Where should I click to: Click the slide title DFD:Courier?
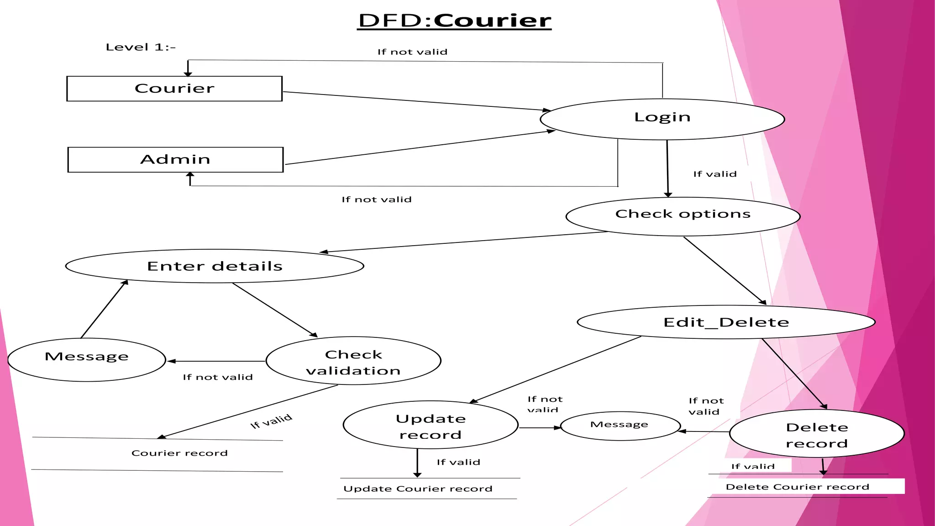454,21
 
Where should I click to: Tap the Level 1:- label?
140,47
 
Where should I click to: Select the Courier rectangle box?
174,89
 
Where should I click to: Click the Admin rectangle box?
175,159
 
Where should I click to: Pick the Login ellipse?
662,119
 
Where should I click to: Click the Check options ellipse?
683,216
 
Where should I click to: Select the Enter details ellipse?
215,266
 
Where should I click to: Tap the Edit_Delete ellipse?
726,322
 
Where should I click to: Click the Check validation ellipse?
353,361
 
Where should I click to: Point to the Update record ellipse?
431,425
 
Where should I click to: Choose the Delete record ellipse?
817,434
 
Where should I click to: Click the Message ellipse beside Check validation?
87,359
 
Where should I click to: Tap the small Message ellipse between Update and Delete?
620,426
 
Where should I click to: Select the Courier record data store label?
179,453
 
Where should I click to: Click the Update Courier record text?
418,489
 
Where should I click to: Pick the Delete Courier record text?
797,487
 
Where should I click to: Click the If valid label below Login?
714,174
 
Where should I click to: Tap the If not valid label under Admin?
377,200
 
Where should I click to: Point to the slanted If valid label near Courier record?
271,421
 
